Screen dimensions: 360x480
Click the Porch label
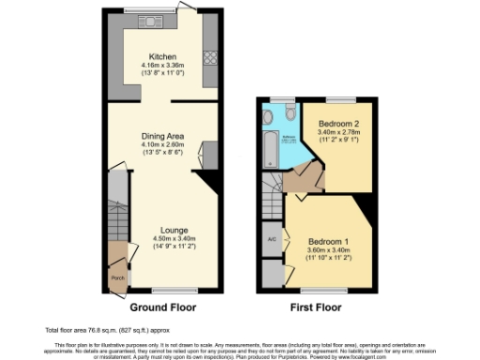click(x=117, y=277)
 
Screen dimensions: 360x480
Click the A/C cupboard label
click(x=272, y=238)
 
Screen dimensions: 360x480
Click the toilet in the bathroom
click(x=269, y=116)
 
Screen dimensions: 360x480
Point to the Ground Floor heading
click(x=162, y=307)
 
